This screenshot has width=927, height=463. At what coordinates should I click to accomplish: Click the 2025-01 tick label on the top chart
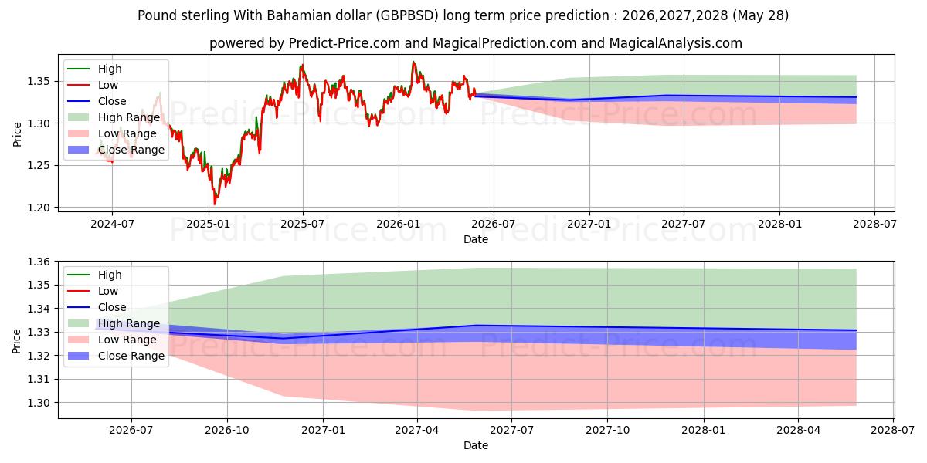click(x=208, y=224)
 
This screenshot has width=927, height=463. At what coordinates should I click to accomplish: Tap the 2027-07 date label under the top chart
click(x=683, y=224)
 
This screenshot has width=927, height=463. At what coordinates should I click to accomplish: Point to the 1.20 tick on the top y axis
click(x=39, y=208)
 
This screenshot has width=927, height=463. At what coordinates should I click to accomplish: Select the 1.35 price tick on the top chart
click(x=39, y=82)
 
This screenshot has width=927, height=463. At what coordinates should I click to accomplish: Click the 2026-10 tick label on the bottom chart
click(x=227, y=431)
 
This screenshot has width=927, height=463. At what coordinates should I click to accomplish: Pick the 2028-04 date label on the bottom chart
click(x=798, y=431)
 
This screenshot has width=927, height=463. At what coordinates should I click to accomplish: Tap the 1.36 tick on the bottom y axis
click(x=39, y=262)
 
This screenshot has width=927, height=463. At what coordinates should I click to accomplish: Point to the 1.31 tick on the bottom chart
click(x=39, y=379)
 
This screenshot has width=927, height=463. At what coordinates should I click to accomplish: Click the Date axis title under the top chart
click(x=476, y=239)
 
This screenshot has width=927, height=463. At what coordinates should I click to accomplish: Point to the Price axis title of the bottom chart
click(x=16, y=341)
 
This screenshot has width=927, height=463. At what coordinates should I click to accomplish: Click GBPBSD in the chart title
click(x=407, y=15)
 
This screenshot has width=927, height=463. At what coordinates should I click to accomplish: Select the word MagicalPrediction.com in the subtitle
click(x=504, y=43)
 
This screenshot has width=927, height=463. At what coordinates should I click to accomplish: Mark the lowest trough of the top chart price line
click(x=215, y=204)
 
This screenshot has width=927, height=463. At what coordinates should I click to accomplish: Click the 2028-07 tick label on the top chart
click(x=874, y=224)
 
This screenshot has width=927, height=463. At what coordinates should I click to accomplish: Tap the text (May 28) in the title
click(x=761, y=15)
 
